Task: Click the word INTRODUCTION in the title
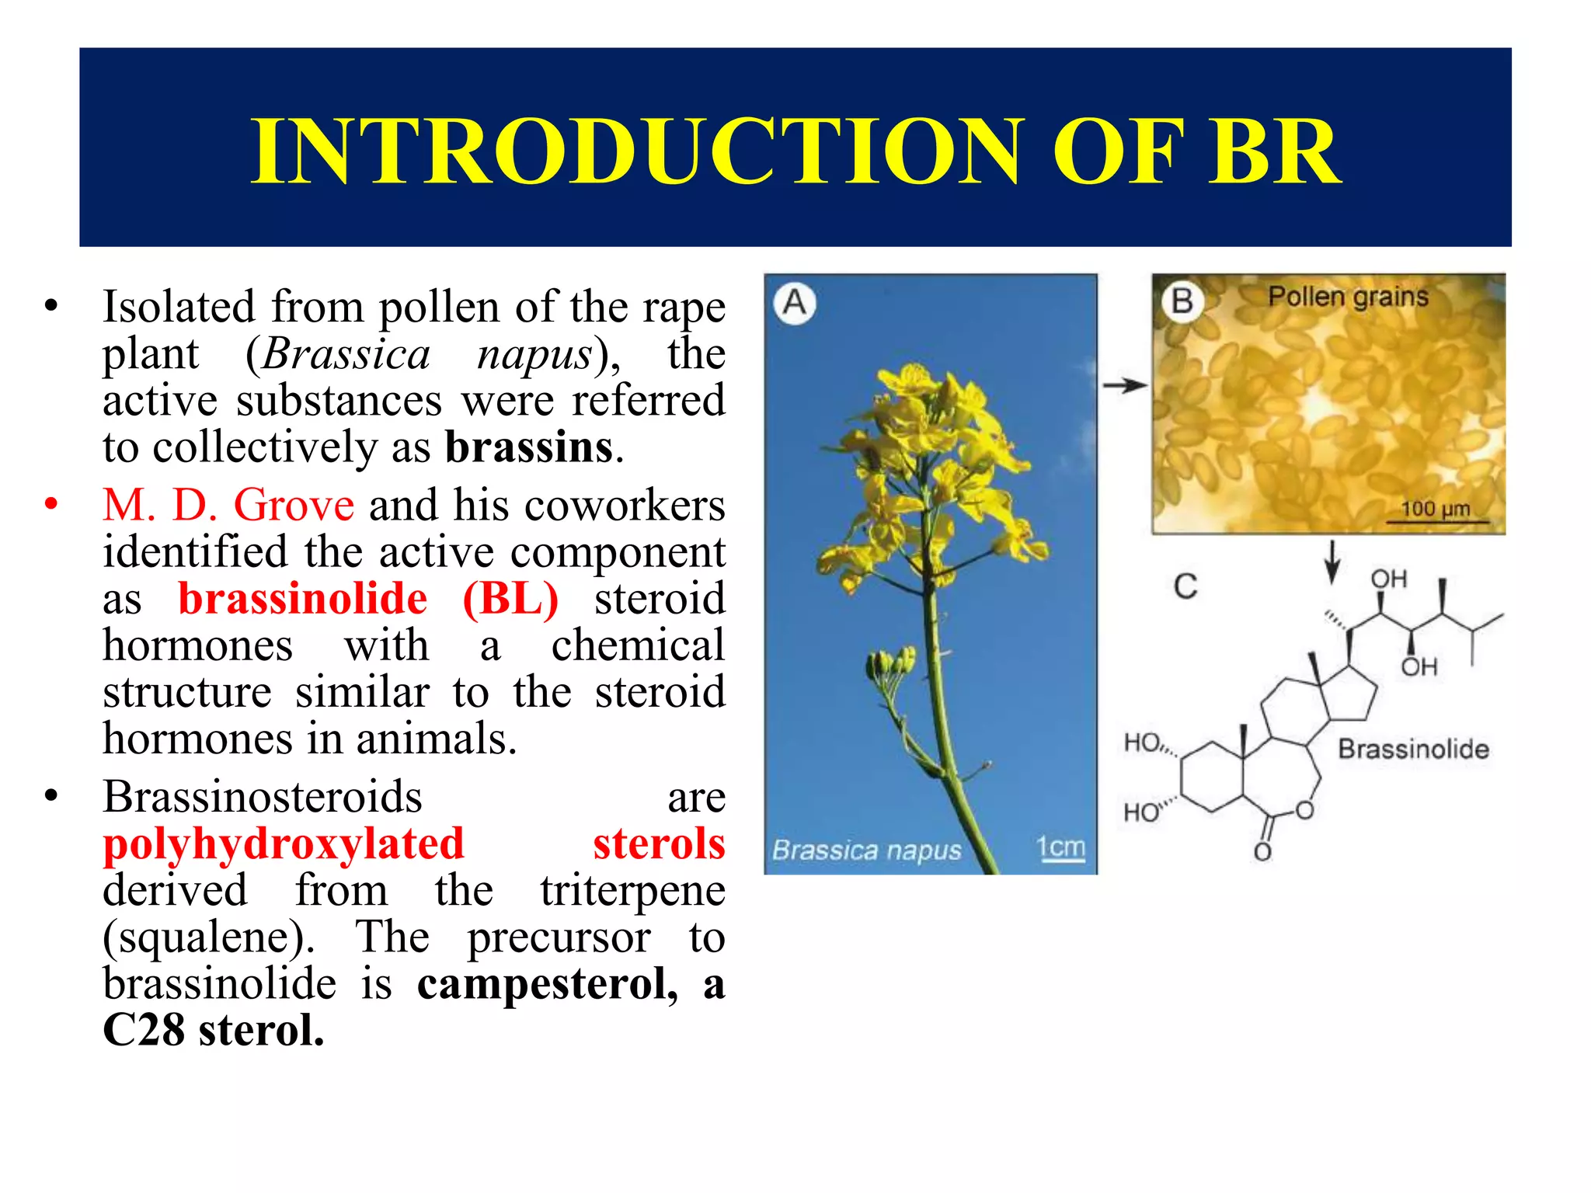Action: [638, 151]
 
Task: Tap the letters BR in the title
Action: [1273, 151]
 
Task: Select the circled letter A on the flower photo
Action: [794, 303]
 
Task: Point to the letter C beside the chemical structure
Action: [1185, 586]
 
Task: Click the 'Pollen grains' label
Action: [1348, 297]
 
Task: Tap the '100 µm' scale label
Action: [1435, 509]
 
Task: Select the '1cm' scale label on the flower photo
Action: [1060, 847]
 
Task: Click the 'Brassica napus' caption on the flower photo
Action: [866, 850]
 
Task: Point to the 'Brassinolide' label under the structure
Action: [1413, 749]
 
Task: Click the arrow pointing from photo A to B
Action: [1124, 385]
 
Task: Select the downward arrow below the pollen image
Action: [1332, 561]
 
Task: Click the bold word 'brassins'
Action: [529, 447]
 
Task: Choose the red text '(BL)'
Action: [510, 599]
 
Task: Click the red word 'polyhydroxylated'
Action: [284, 844]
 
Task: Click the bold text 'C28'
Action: [144, 1031]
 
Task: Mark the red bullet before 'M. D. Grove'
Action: [51, 505]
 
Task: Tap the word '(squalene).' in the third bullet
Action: [209, 937]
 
